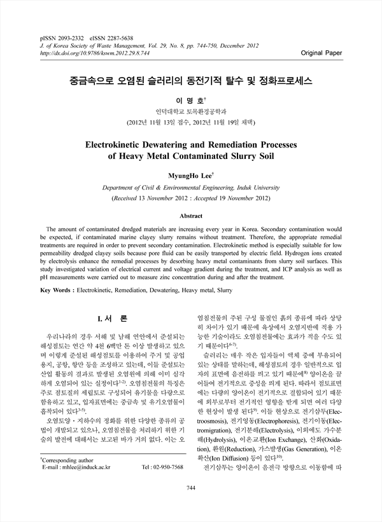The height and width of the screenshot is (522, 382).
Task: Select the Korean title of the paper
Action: (192, 82)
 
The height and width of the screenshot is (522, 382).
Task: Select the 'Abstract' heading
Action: (191, 216)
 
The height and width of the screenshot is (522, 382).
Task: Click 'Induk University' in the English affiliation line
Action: (258, 188)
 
